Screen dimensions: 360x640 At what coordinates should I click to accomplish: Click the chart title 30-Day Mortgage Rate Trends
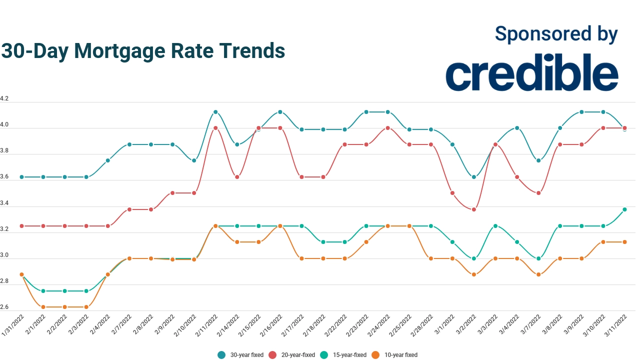[143, 51]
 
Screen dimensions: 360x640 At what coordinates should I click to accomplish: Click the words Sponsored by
[556, 34]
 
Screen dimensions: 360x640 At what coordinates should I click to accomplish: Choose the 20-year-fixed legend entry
[292, 355]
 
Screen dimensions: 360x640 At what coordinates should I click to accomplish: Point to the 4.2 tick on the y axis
[4, 99]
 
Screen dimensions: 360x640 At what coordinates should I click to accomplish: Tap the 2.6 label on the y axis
[4, 307]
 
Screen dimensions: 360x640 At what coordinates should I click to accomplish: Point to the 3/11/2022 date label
[616, 326]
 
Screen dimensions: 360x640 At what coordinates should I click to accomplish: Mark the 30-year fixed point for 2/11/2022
[215, 112]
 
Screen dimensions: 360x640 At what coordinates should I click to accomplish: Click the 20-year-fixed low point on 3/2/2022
[474, 209]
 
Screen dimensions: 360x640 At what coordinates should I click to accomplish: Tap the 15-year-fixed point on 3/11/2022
[624, 209]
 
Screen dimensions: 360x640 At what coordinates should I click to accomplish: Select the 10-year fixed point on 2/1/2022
[43, 307]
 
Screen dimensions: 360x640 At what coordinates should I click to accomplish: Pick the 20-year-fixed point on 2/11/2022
[215, 128]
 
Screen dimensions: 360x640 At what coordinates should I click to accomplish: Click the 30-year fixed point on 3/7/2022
[538, 160]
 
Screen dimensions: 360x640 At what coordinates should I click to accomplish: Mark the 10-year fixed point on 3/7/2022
[538, 274]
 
